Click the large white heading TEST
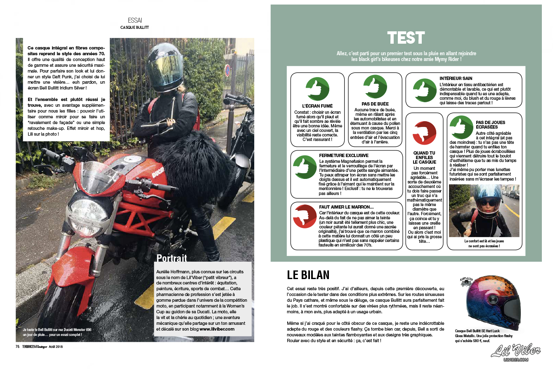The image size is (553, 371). [406, 38]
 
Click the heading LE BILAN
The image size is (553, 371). [308, 275]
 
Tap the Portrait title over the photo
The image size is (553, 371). [172, 258]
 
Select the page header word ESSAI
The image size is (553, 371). [135, 20]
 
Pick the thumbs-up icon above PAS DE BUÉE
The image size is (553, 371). [375, 87]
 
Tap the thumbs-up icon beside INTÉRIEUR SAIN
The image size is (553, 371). [424, 90]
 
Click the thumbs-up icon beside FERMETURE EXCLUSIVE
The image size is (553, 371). [305, 167]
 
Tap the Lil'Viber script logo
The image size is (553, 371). [516, 351]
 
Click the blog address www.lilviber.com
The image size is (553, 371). [217, 329]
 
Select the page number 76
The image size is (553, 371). [18, 347]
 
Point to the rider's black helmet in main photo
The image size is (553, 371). [163, 62]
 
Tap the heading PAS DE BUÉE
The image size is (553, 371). [375, 104]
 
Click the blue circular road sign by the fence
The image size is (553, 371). [227, 71]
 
